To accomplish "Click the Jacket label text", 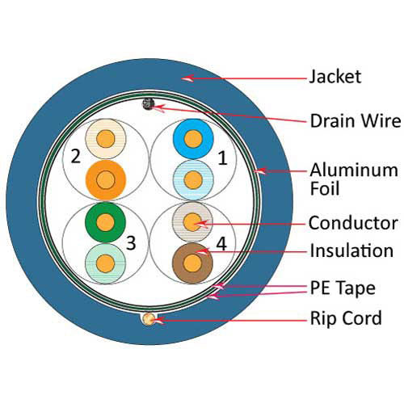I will [335, 78].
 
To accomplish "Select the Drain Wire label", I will [355, 121].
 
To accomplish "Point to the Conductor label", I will [352, 223].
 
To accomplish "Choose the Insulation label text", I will [351, 251].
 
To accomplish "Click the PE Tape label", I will [343, 288].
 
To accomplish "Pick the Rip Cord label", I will [346, 318].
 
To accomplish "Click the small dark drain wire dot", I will [149, 103].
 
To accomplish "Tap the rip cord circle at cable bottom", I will [148, 319].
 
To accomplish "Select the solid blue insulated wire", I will [191, 137].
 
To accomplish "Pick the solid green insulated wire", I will [103, 220].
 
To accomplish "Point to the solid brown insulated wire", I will [192, 263].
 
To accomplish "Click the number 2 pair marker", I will [75, 156].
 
